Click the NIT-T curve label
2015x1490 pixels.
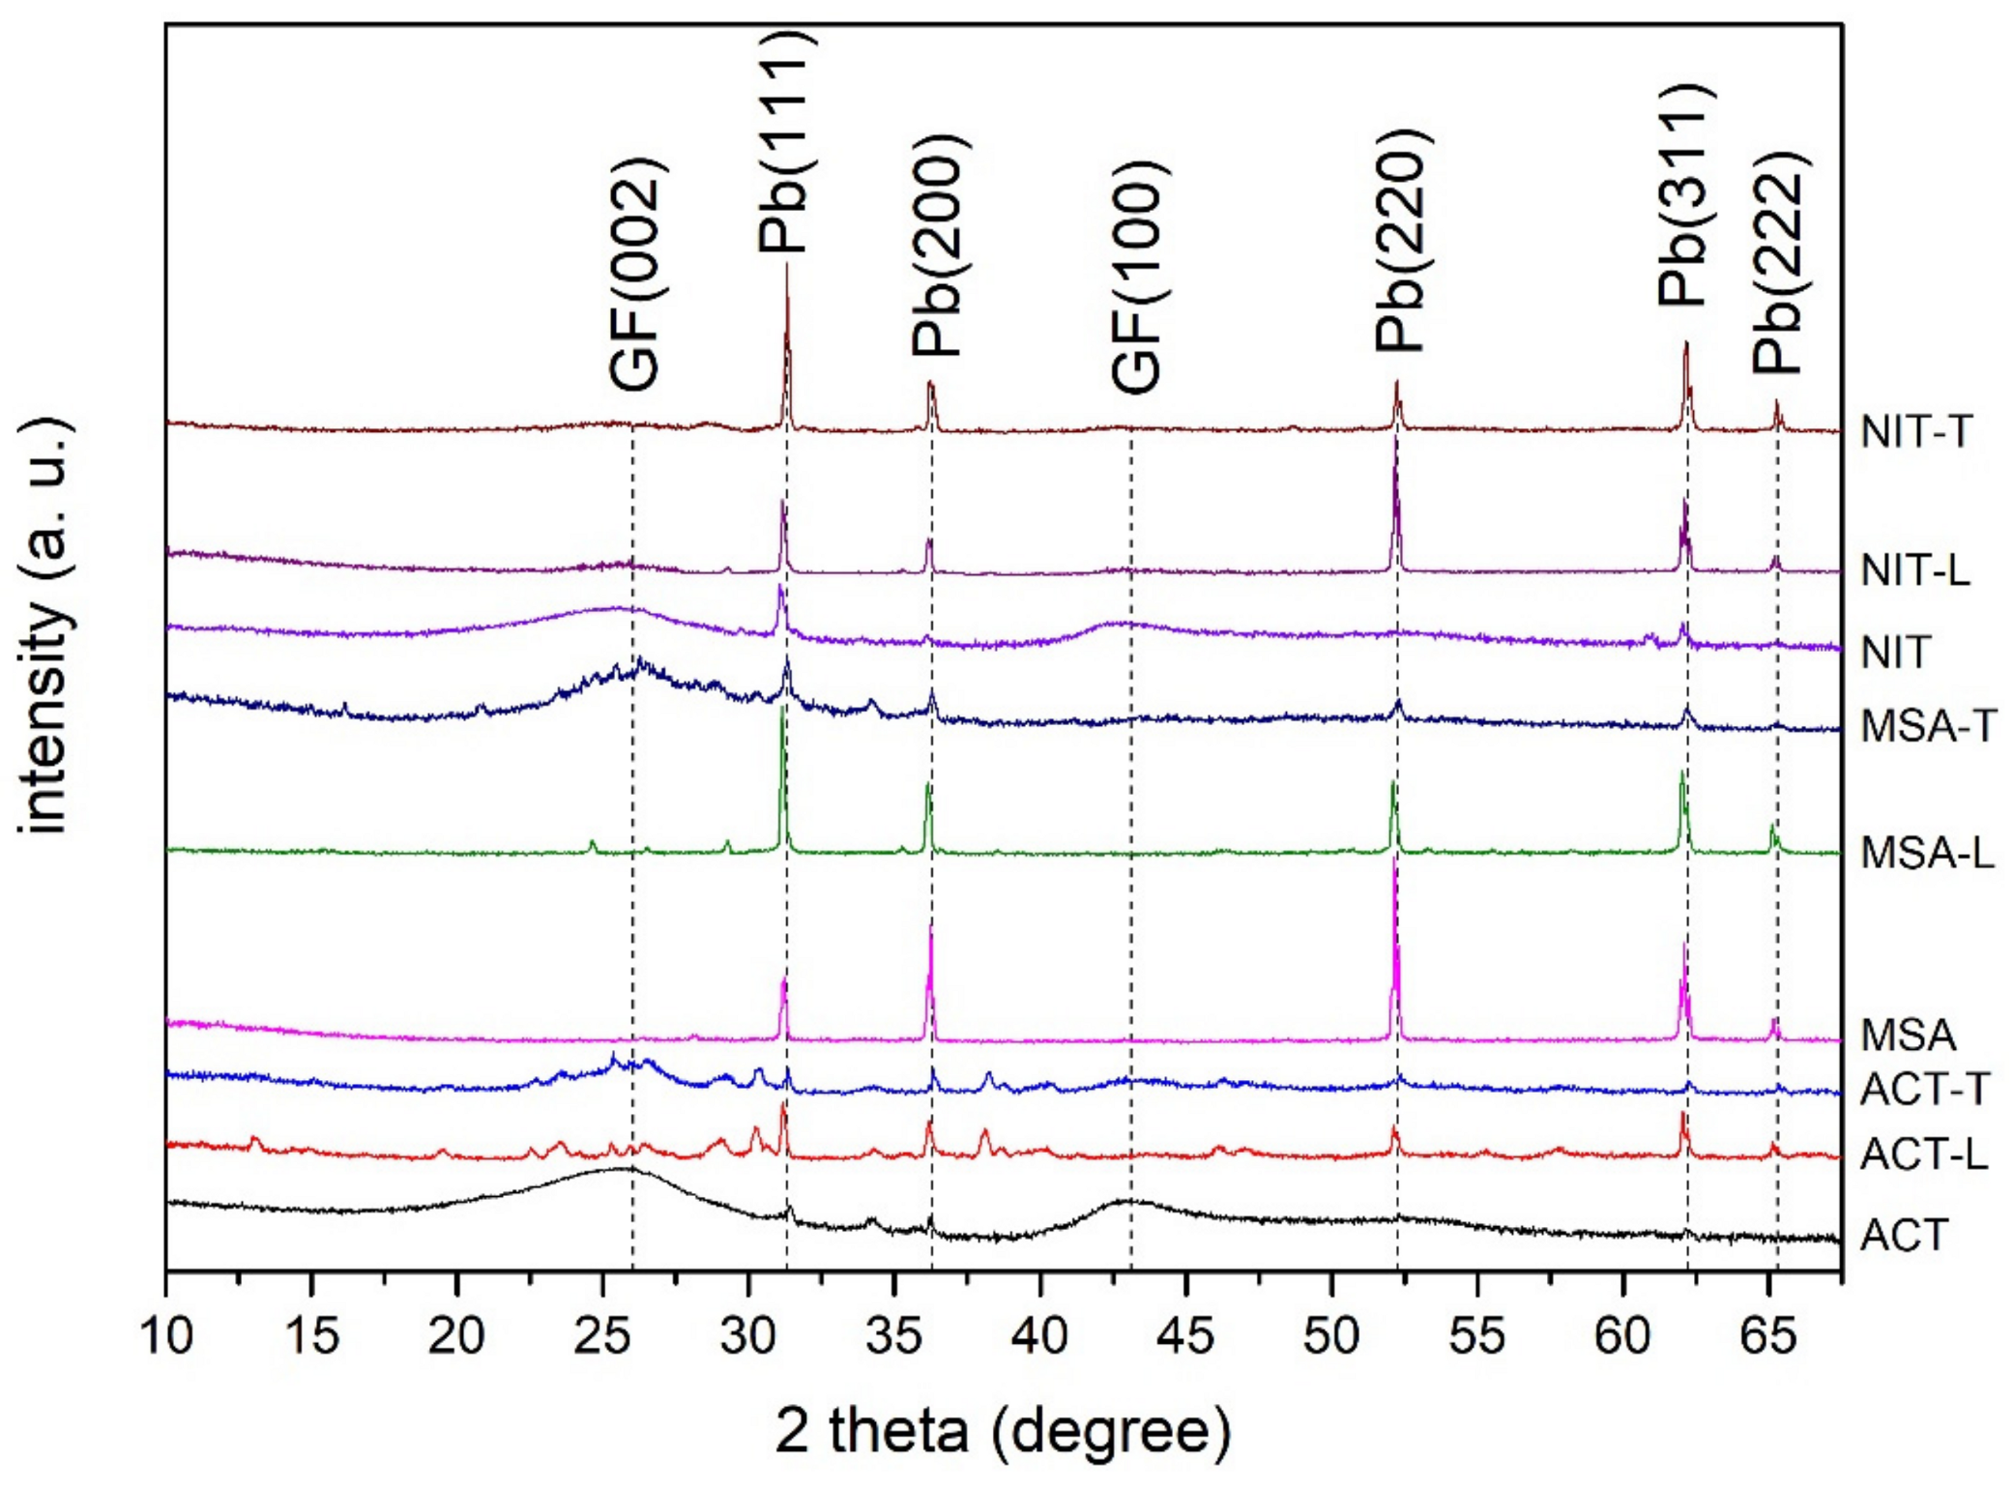pyautogui.click(x=1915, y=431)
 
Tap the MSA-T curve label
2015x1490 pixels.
pyautogui.click(x=1928, y=726)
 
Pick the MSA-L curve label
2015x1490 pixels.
pyautogui.click(x=1927, y=853)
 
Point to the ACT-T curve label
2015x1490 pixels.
pyautogui.click(x=1924, y=1090)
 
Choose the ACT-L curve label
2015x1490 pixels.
pyautogui.click(x=1923, y=1154)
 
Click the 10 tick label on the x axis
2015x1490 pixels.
pyautogui.click(x=166, y=1336)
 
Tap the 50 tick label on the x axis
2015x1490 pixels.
pyautogui.click(x=1331, y=1336)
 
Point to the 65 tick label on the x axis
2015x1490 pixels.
pyautogui.click(x=1768, y=1336)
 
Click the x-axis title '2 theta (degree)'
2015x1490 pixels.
pyautogui.click(x=1003, y=1430)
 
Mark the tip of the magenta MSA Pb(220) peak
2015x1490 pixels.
pyautogui.click(x=1394, y=861)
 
